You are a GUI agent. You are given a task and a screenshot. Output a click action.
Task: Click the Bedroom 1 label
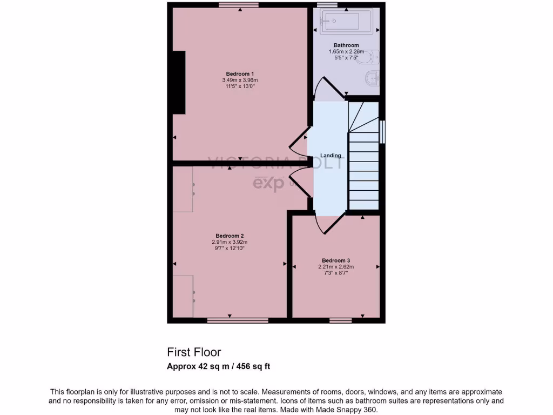[x=240, y=74]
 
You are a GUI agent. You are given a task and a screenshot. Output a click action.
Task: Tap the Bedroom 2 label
[x=230, y=236]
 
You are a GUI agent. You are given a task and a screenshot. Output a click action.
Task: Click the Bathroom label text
[x=346, y=45]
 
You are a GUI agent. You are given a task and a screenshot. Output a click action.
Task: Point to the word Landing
[x=331, y=156]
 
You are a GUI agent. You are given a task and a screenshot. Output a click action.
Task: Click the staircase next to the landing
[x=363, y=162]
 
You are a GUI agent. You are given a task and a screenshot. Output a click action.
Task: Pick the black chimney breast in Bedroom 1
[x=178, y=82]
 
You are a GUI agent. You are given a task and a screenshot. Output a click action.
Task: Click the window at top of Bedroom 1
[x=238, y=5]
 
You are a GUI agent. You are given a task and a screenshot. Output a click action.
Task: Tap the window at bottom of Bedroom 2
[x=238, y=320]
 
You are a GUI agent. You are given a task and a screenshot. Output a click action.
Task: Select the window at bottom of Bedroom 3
[x=340, y=320]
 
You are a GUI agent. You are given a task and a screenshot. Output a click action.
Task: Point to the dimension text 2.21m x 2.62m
[x=336, y=266]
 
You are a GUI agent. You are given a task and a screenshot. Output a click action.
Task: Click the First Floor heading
[x=194, y=352]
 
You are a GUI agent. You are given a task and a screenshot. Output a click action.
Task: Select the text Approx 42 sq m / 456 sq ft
[x=219, y=366]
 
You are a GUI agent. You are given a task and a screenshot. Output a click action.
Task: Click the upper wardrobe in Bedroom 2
[x=184, y=189]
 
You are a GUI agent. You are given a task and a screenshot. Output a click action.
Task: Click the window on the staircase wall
[x=382, y=132]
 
